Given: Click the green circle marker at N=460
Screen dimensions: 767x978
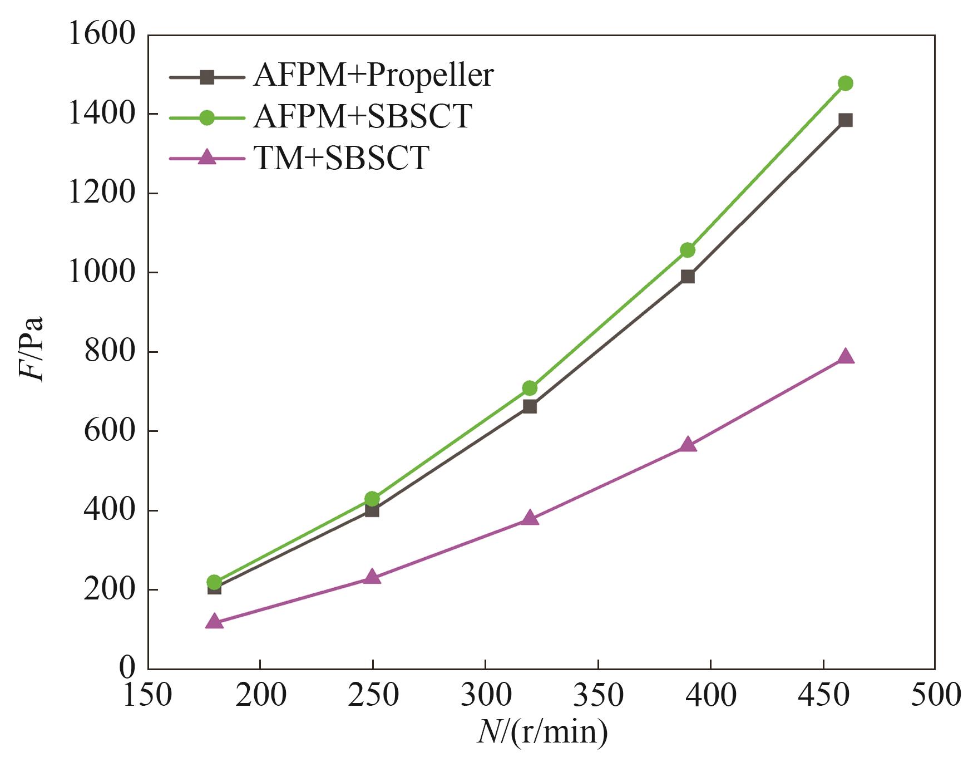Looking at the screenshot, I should [x=845, y=83].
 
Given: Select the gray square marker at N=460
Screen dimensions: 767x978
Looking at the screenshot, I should [x=845, y=120].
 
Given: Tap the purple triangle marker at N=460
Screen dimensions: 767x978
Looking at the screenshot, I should [x=845, y=356].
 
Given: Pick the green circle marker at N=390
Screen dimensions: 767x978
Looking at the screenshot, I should [x=688, y=250].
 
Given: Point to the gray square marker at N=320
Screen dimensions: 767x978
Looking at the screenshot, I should [x=530, y=407].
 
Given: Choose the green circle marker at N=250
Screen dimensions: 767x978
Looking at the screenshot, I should [x=372, y=499].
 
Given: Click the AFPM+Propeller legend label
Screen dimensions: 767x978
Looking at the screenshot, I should [x=373, y=75].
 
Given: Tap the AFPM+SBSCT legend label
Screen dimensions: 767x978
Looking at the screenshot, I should [x=363, y=116].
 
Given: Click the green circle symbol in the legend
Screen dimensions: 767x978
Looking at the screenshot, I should [x=207, y=117].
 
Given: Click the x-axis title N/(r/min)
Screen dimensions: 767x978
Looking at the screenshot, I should [x=542, y=732].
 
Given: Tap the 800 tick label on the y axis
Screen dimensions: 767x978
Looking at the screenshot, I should [x=110, y=352].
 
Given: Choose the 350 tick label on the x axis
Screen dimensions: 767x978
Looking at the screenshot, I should [x=598, y=695].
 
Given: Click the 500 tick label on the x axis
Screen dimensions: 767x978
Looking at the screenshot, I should [x=935, y=695].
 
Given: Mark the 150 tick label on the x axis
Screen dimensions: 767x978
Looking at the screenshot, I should [x=147, y=695].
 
